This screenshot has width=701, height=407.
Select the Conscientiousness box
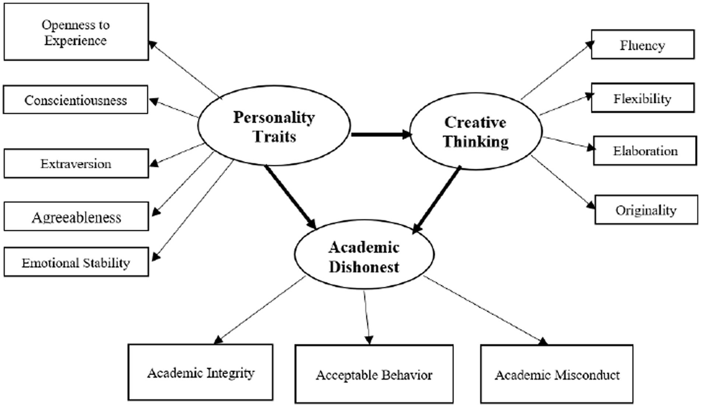tap(75, 101)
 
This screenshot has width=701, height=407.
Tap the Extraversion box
tap(75, 164)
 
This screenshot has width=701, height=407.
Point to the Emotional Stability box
tap(75, 262)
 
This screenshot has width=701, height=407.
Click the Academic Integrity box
tap(200, 372)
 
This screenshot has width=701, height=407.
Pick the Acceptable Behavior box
tap(374, 375)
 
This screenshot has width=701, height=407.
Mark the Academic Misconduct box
tap(557, 374)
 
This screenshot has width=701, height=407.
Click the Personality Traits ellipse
tap(274, 127)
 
